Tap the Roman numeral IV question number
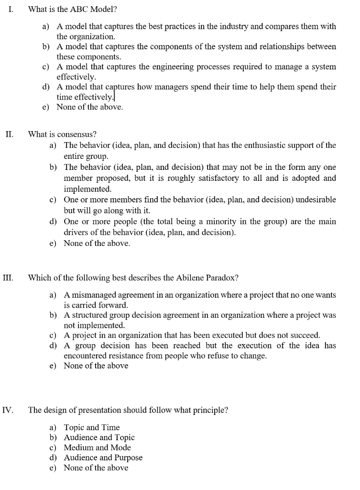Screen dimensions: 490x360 pyautogui.click(x=8, y=410)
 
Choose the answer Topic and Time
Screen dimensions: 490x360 pyautogui.click(x=92, y=427)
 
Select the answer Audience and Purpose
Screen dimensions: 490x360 pyautogui.click(x=103, y=457)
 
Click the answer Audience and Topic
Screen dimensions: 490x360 pyautogui.click(x=99, y=437)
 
